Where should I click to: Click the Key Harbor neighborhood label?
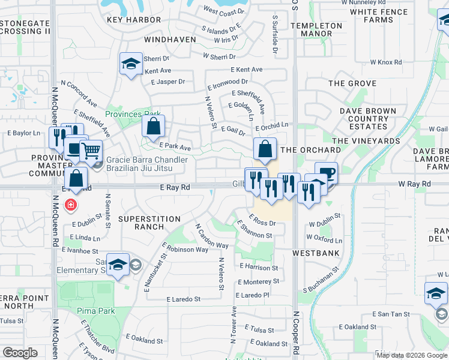tap(134, 20)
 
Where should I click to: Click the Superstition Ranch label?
tap(149, 223)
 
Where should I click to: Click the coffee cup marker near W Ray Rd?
tap(326, 172)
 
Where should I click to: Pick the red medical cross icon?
tap(71, 205)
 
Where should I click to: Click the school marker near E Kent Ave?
tap(130, 64)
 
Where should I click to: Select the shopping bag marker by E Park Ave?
tap(153, 125)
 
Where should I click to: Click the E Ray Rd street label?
tap(175, 188)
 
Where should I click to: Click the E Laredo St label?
tap(184, 299)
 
